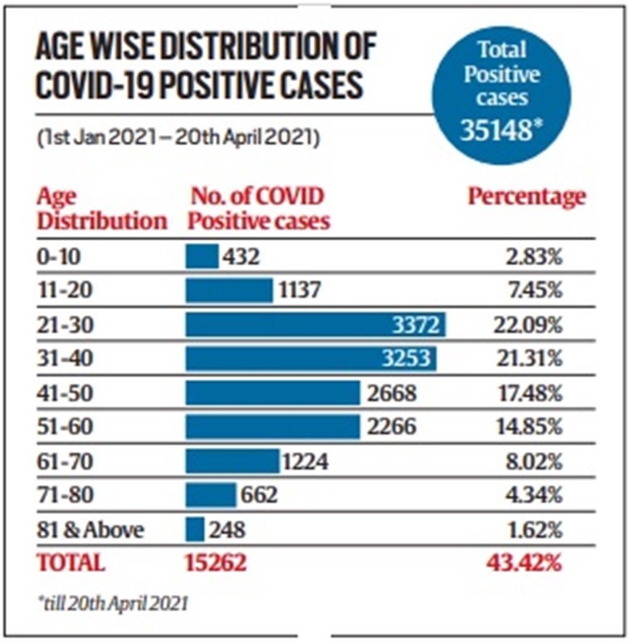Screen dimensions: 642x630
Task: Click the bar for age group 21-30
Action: pyautogui.click(x=315, y=324)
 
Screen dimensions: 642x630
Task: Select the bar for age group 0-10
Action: pyautogui.click(x=202, y=256)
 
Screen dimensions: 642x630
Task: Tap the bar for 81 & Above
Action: pyautogui.click(x=195, y=528)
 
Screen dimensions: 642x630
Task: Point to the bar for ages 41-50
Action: pyautogui.click(x=272, y=392)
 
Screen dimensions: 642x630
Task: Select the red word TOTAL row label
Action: pyautogui.click(x=71, y=562)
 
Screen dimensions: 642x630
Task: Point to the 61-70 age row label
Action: pyautogui.click(x=59, y=460)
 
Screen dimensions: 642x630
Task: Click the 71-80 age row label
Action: pyautogui.click(x=59, y=494)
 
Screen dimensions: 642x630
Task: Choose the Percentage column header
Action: pyautogui.click(x=526, y=197)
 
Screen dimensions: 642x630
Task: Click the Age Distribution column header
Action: pyautogui.click(x=100, y=210)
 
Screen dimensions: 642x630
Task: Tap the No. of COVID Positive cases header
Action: pyautogui.click(x=260, y=210)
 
